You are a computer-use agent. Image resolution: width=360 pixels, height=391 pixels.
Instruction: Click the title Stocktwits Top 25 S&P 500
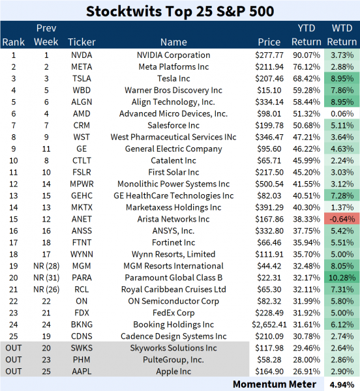tap(180, 11)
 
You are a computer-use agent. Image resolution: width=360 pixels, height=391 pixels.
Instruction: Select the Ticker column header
tap(82, 42)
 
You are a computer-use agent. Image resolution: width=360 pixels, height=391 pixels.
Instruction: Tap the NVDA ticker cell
tap(82, 55)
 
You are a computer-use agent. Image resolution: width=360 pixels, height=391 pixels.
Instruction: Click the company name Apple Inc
tap(173, 370)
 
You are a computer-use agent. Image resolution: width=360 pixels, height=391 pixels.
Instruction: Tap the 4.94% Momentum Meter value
tap(342, 384)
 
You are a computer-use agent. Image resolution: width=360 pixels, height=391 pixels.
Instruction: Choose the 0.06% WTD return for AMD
tap(342, 113)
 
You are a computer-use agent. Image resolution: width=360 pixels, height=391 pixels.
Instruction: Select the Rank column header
tap(13, 42)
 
